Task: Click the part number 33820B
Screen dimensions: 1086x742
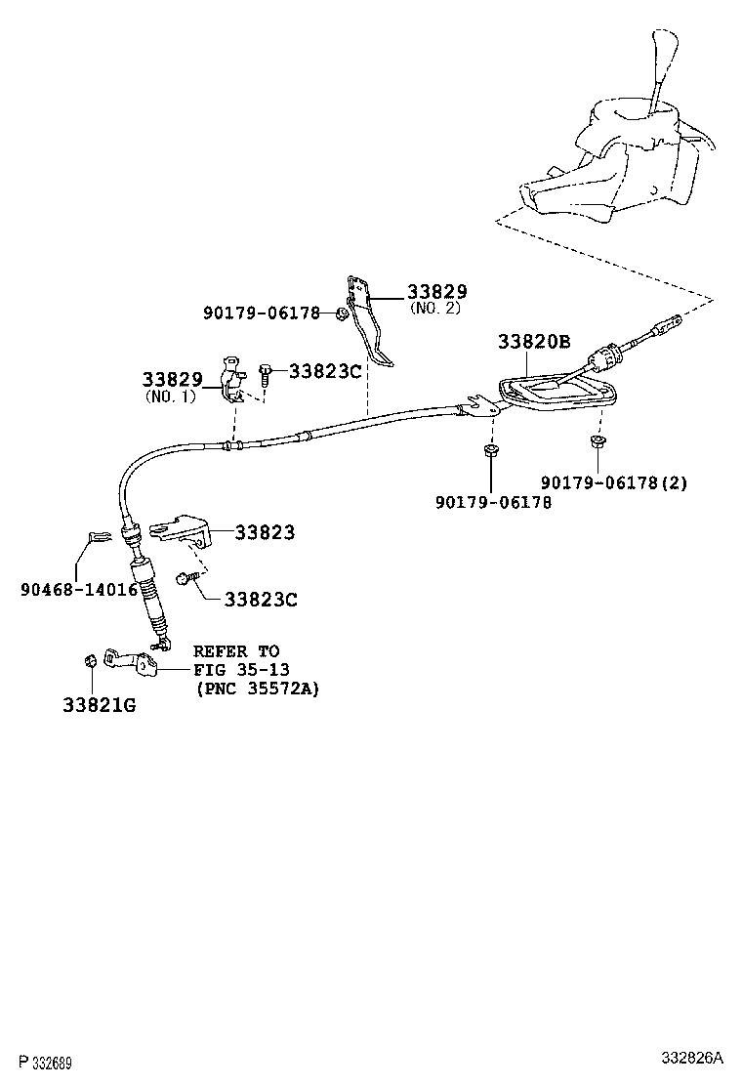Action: tap(534, 342)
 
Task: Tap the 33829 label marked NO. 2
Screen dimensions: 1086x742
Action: tap(436, 291)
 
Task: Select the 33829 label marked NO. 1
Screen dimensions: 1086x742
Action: tap(172, 379)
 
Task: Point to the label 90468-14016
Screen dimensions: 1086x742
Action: tap(79, 590)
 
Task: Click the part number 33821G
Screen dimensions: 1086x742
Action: tap(101, 703)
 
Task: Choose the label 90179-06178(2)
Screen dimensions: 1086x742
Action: tap(615, 483)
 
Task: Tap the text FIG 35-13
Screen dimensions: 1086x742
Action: tap(236, 669)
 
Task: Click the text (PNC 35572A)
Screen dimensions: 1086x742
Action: tap(256, 688)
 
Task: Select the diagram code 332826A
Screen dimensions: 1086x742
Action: tap(692, 1059)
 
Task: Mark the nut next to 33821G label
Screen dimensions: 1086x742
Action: tap(88, 662)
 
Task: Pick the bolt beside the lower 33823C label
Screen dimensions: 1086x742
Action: tap(185, 579)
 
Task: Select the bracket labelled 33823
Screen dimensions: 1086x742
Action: tap(183, 528)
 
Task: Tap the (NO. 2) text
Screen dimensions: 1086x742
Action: tap(435, 309)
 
